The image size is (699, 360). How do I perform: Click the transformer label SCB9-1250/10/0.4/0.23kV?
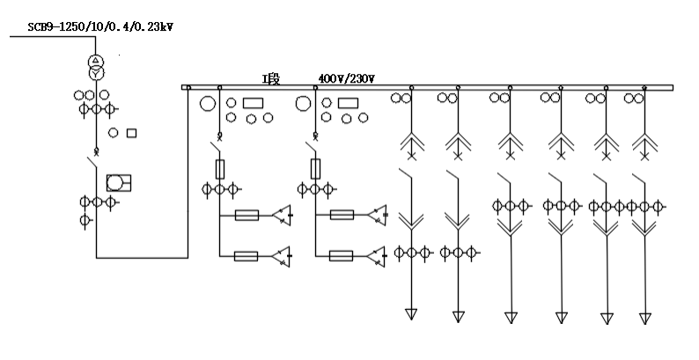[100, 27]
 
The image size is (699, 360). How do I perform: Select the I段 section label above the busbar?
[269, 79]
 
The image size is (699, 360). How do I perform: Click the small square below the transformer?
[132, 133]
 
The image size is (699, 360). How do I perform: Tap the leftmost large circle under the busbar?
[209, 104]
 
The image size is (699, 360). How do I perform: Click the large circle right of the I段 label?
[303, 104]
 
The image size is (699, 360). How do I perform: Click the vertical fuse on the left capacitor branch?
[219, 167]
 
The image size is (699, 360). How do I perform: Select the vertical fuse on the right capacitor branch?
[315, 167]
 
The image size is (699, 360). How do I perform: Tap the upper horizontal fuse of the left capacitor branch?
[246, 215]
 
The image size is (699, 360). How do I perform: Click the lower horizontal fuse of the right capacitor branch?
[342, 256]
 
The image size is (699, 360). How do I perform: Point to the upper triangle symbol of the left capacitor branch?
[282, 215]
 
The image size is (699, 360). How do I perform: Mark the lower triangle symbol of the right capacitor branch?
[378, 256]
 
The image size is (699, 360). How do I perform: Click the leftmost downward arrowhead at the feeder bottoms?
[410, 314]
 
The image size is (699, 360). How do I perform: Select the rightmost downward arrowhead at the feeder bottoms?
[645, 318]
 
